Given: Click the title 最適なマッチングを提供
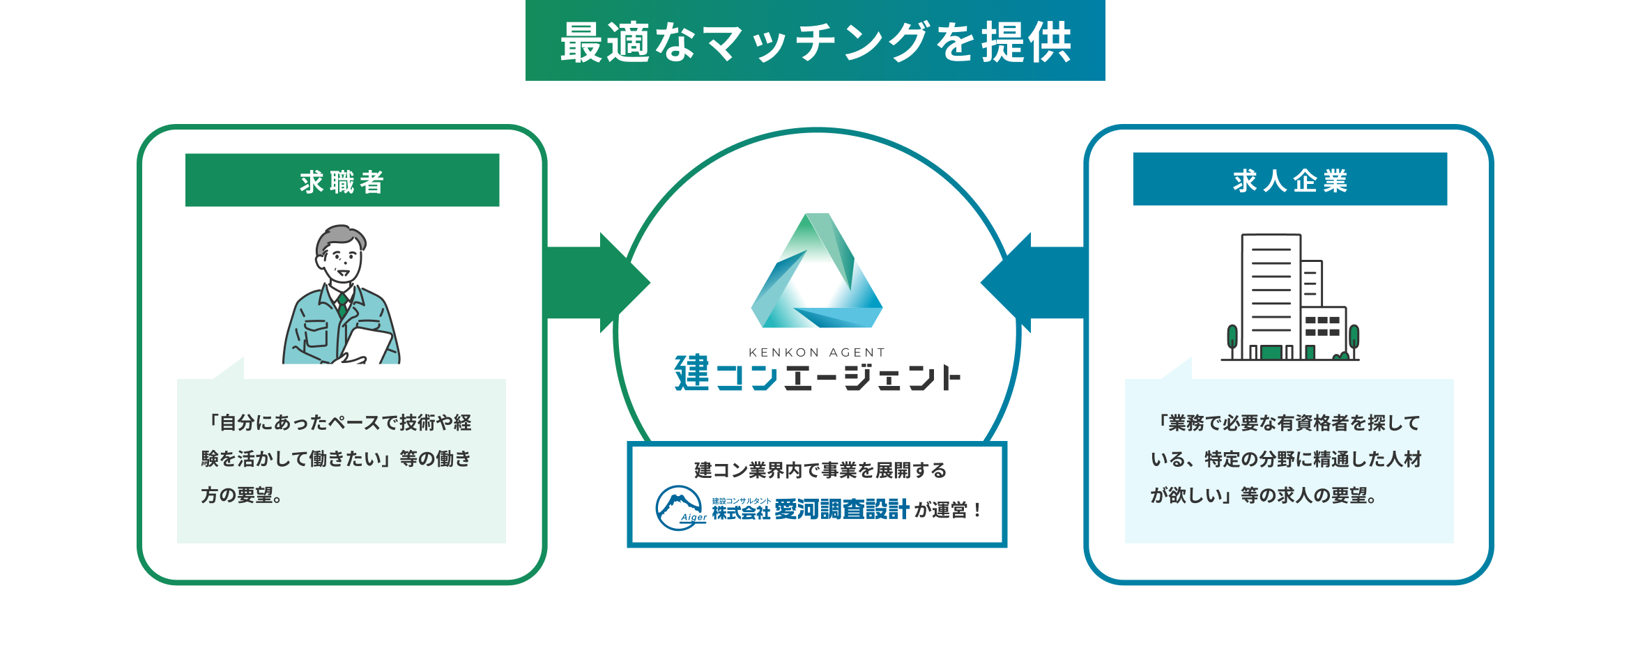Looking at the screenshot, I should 815,42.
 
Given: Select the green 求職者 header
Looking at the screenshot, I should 342,180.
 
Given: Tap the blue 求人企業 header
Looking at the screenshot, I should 1289,180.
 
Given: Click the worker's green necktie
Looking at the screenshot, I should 342,304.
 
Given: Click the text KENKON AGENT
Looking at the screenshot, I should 816,353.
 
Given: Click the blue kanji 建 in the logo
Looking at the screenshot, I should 691,373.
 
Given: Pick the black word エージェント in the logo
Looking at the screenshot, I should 872,378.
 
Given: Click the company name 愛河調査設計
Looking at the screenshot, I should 842,510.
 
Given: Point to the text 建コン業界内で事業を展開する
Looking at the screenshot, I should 820,470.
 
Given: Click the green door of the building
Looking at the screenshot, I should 1271,352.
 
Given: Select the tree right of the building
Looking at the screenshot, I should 1354,338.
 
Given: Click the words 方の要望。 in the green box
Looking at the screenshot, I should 241,495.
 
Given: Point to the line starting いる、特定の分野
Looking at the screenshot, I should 1285,459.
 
